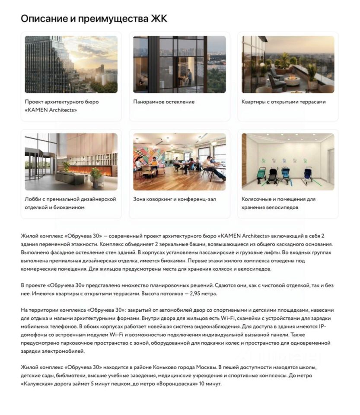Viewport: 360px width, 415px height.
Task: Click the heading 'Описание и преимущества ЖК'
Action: click(94, 19)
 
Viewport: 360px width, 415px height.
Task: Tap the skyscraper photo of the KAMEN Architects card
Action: click(71, 64)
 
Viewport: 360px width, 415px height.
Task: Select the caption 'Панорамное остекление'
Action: click(164, 102)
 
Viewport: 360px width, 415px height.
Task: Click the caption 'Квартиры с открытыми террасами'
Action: click(284, 102)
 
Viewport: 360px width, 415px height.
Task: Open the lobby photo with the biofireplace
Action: click(71, 161)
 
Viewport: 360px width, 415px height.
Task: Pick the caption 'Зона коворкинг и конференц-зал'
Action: click(174, 199)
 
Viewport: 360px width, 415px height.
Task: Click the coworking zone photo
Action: click(179, 161)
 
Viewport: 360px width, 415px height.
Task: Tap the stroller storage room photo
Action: click(288, 161)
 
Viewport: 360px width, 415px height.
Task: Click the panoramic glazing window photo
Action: click(179, 64)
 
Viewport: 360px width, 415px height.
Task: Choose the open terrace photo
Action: click(288, 64)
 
